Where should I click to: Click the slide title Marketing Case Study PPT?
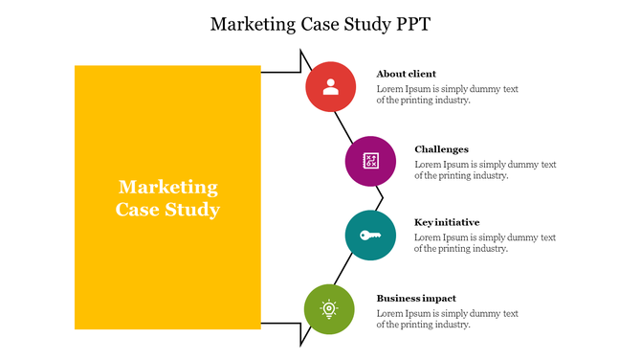320,24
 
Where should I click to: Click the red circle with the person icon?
331,87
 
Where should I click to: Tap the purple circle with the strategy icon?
370,161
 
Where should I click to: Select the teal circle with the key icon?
370,236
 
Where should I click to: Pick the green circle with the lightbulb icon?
329,309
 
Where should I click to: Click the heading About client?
406,74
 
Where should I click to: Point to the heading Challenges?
441,149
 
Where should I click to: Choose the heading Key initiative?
447,222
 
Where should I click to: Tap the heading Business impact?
416,298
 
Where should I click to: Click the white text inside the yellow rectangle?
168,198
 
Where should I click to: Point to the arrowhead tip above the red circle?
301,54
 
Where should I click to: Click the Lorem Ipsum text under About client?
447,95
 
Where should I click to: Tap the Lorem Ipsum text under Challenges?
485,169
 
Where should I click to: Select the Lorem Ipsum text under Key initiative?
485,243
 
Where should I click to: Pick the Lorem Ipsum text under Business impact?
447,319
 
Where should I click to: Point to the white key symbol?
370,236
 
